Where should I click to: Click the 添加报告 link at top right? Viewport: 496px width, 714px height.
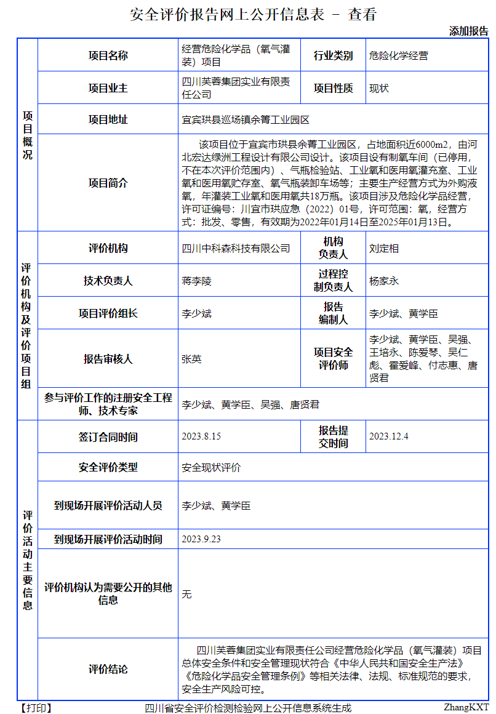point(468,31)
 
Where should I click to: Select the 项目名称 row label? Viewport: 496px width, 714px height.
point(108,55)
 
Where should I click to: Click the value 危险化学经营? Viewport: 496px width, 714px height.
point(398,55)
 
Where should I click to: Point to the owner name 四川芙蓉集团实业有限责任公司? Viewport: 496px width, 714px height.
point(236,88)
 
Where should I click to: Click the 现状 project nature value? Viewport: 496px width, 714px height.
point(379,88)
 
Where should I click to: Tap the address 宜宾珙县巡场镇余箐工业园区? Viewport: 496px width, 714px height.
point(245,120)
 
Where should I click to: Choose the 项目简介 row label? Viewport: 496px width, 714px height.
point(108,183)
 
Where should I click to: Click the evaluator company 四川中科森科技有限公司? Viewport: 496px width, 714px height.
point(236,249)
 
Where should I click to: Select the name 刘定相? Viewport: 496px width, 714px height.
point(384,249)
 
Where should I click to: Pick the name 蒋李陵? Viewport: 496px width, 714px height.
point(196,281)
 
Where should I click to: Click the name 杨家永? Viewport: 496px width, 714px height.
point(384,281)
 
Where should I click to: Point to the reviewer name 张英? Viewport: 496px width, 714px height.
point(191,359)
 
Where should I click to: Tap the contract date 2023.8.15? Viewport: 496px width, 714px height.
point(201,436)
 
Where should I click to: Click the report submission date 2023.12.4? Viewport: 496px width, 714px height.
point(389,436)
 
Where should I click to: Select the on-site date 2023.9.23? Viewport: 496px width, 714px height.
point(201,539)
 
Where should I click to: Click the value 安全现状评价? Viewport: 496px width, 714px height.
point(211,468)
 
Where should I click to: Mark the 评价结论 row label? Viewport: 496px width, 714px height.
point(108,669)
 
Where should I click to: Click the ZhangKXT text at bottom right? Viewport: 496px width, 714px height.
point(466,708)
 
